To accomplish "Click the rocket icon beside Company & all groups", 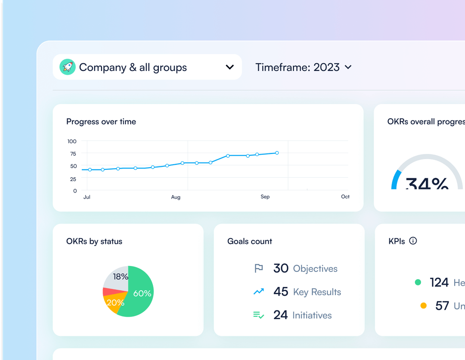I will click(x=68, y=67).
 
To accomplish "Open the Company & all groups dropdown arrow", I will click(x=230, y=67).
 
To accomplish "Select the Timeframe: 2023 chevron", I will click(x=348, y=67).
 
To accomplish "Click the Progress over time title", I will click(x=101, y=122).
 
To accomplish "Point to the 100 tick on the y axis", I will click(x=72, y=141).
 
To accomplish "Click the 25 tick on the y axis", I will click(x=73, y=178).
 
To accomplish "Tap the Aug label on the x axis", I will click(x=176, y=197).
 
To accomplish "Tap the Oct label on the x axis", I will click(x=345, y=197).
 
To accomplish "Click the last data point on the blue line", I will click(x=277, y=153).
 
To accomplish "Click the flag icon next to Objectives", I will click(x=258, y=269).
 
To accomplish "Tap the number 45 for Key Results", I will click(x=281, y=292).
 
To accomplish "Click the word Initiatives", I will click(x=312, y=315).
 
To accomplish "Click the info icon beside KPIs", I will click(x=413, y=241).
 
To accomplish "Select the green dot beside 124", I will click(x=418, y=283).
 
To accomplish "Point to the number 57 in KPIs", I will click(x=442, y=306).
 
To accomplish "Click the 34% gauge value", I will click(x=427, y=184).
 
